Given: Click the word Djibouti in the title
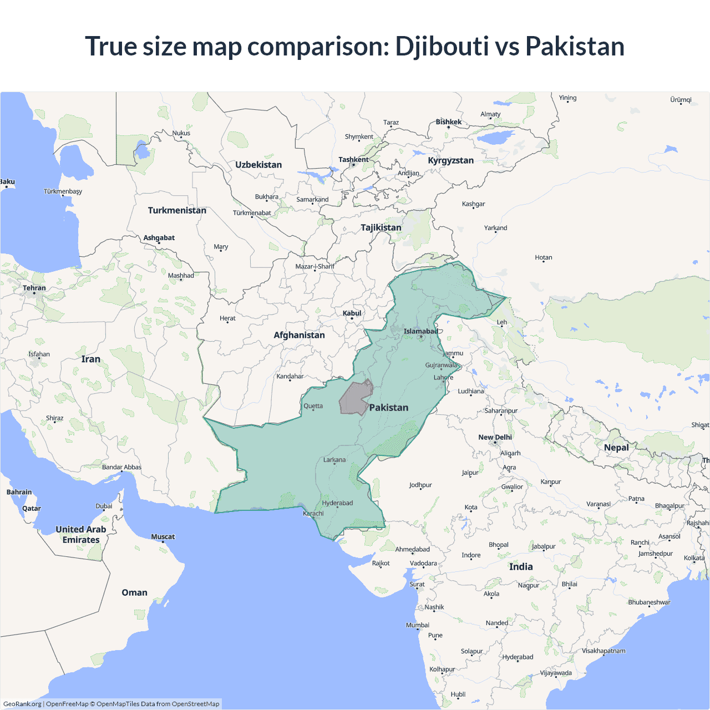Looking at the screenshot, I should point(442,46).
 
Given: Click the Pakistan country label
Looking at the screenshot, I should point(388,408).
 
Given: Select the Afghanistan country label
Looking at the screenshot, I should point(299,335).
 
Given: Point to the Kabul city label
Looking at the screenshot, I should point(352,313).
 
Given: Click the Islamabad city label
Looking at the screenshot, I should point(420,332).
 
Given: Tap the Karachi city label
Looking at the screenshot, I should point(313,514).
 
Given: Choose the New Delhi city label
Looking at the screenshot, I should point(495,437).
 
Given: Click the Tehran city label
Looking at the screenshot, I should point(34,288).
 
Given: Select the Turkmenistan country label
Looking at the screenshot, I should point(177,210).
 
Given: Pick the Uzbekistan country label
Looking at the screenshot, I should point(258,165).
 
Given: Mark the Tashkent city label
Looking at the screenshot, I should point(353,160).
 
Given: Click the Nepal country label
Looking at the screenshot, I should point(616,448).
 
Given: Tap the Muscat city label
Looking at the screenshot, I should point(163,536).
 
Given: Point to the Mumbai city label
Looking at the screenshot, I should point(418,625).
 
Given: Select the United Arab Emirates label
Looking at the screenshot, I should point(81,535).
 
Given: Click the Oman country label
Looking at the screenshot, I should point(134,592).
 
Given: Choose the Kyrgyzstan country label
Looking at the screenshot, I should point(450,160).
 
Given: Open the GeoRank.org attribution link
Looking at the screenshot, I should point(22,704).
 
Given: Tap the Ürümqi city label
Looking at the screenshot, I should point(681,100).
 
